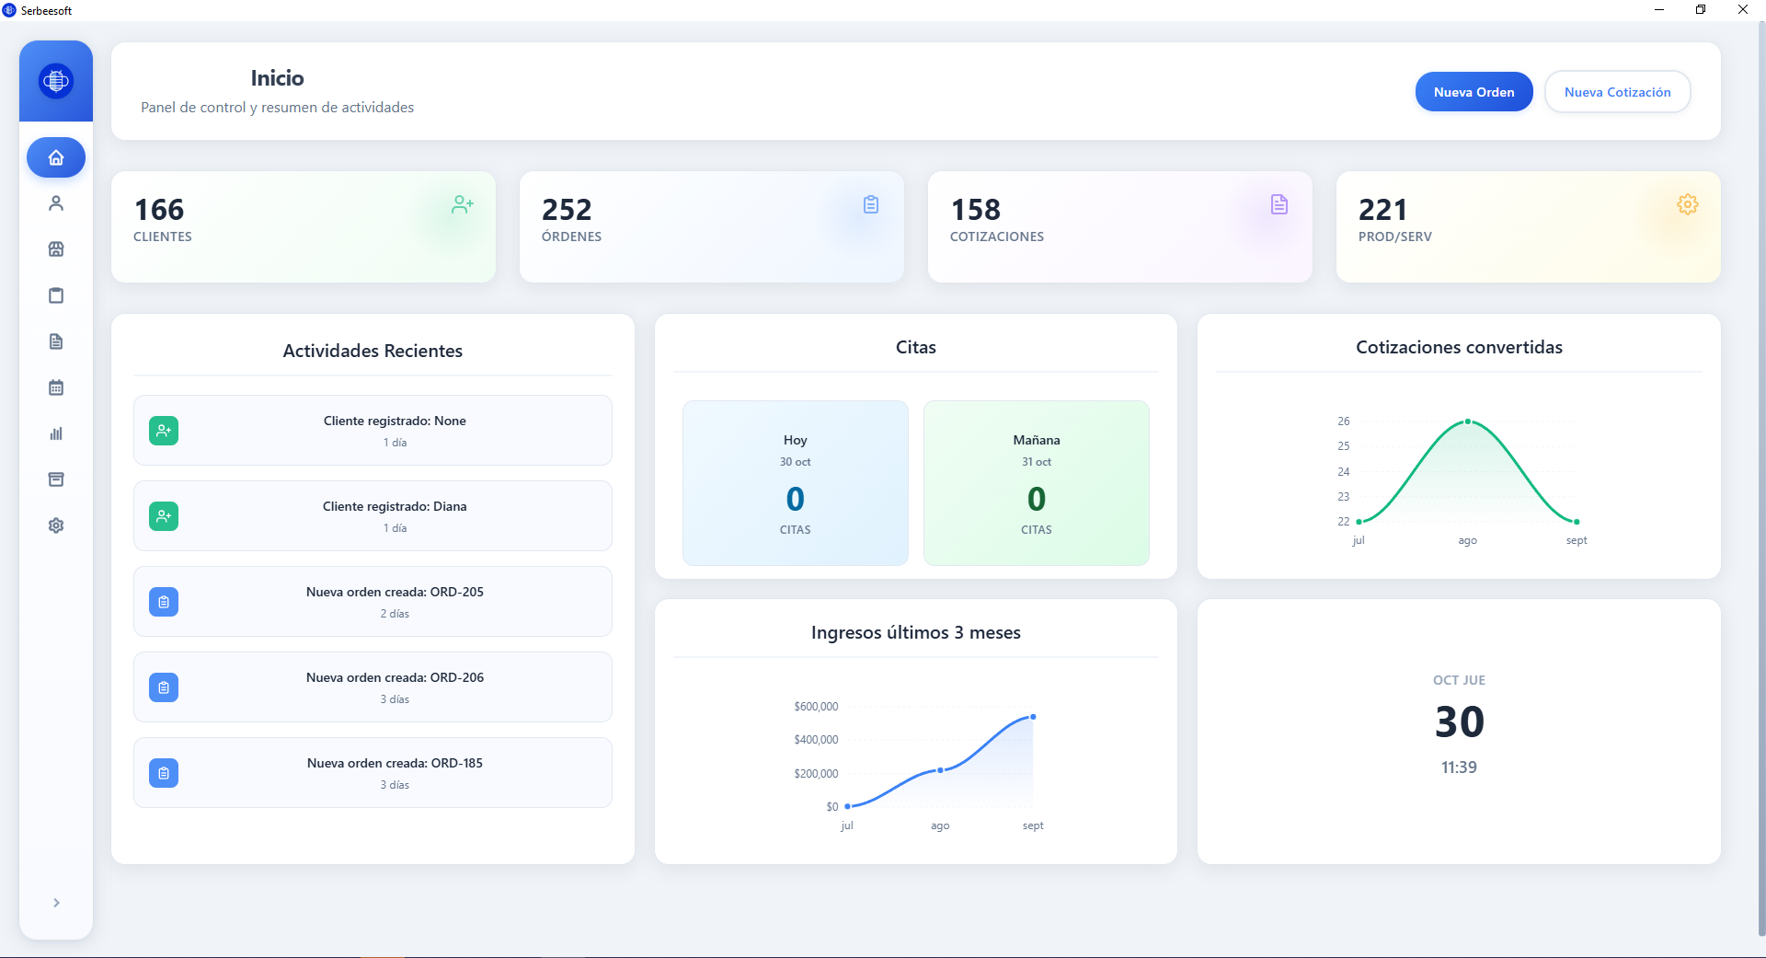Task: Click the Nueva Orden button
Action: tap(1474, 92)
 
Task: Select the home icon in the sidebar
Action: tap(56, 157)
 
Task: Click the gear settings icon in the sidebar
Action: tap(56, 525)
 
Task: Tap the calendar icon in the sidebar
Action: tap(56, 387)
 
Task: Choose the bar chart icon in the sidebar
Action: tap(56, 433)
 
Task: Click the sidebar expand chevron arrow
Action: tap(56, 903)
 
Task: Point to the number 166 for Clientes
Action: tap(159, 210)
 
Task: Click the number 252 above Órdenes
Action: tap(567, 210)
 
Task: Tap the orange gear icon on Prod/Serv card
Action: tap(1687, 204)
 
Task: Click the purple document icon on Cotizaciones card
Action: tap(1279, 204)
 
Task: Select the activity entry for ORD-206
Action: tap(373, 687)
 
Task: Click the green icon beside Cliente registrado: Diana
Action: tap(164, 516)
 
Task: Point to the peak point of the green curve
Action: tap(1468, 421)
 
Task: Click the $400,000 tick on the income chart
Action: tap(816, 740)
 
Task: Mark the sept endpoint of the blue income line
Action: tap(1033, 717)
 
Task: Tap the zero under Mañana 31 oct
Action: tap(1037, 499)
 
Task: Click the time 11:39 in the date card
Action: tap(1459, 768)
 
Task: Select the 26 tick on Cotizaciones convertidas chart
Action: tap(1344, 421)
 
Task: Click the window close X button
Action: tap(1742, 10)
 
